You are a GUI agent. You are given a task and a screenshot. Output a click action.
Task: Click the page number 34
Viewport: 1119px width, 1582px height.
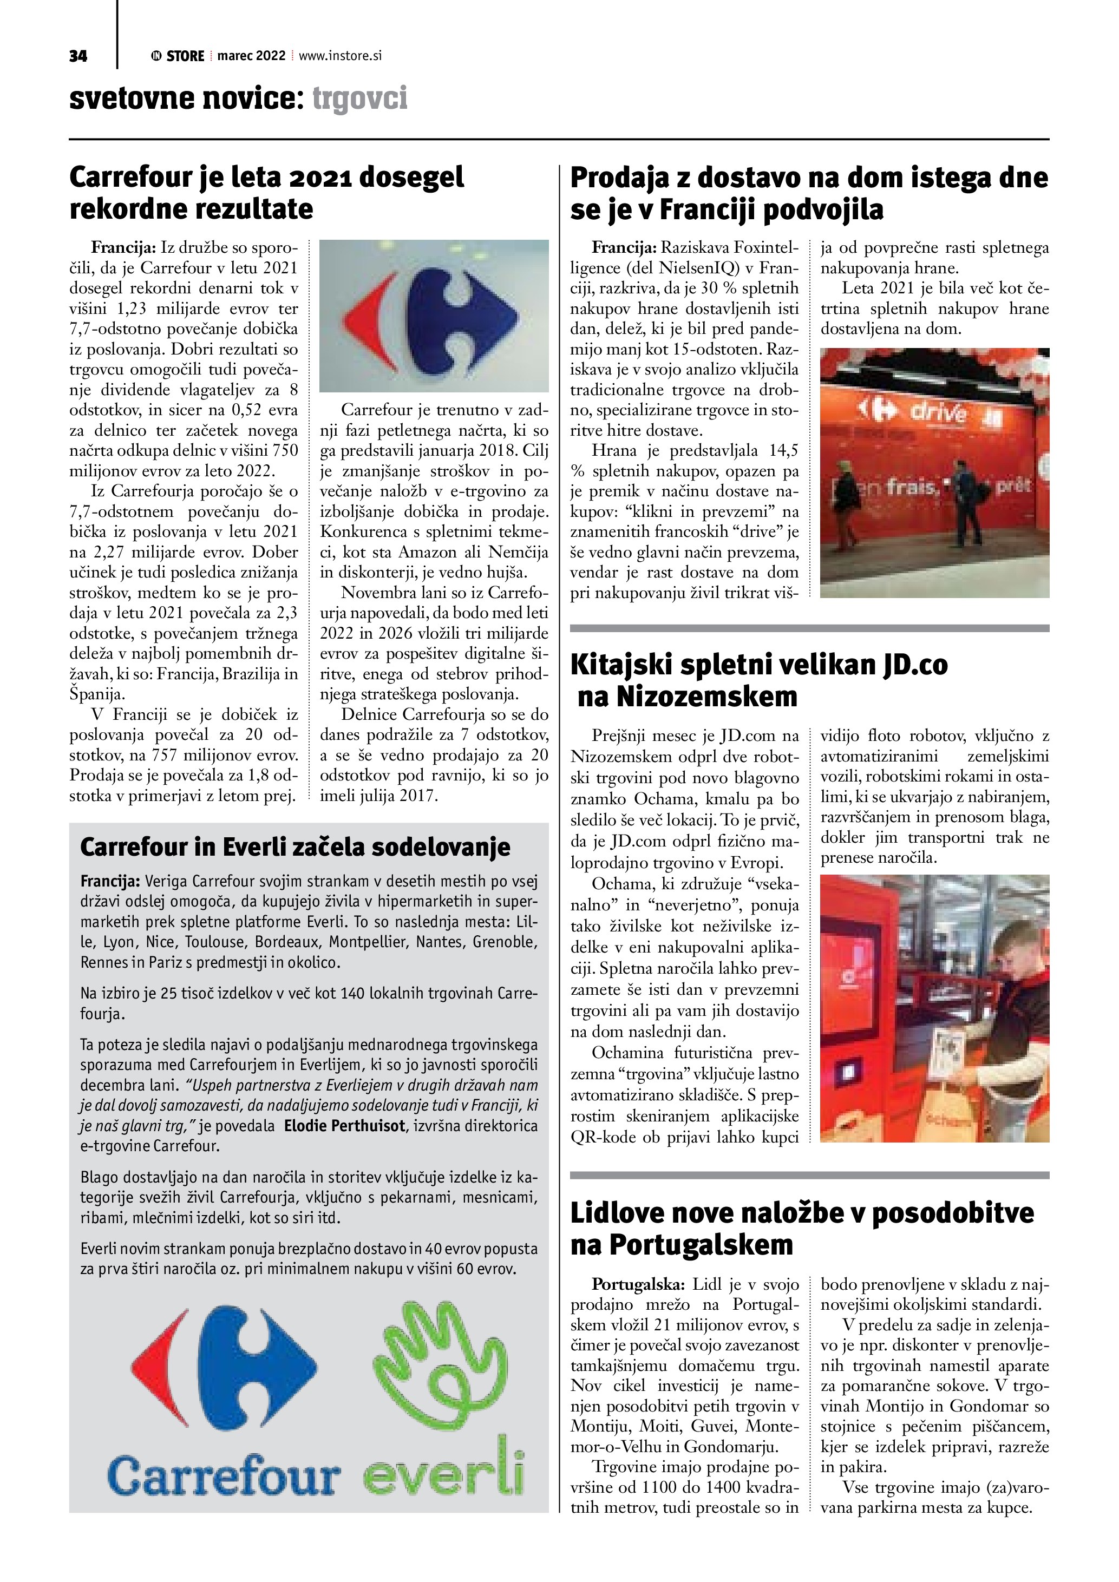78,56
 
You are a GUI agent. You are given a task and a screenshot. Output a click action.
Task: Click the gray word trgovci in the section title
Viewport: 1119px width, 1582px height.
359,99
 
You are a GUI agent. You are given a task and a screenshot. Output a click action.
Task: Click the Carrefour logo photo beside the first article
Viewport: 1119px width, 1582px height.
434,316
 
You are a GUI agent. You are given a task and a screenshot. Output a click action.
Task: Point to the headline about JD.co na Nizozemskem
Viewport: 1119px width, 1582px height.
758,681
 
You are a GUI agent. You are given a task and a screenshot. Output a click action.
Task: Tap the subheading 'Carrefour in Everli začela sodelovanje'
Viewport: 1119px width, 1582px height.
295,848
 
